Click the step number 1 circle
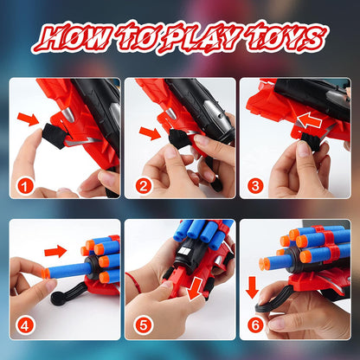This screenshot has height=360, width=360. [27, 183]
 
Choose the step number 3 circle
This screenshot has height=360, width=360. [256, 183]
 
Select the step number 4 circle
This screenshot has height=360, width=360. [27, 325]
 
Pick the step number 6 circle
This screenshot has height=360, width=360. [256, 325]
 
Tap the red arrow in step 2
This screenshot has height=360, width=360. [149, 132]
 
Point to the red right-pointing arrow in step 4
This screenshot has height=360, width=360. [56, 252]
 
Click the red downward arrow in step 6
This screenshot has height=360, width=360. [253, 286]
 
